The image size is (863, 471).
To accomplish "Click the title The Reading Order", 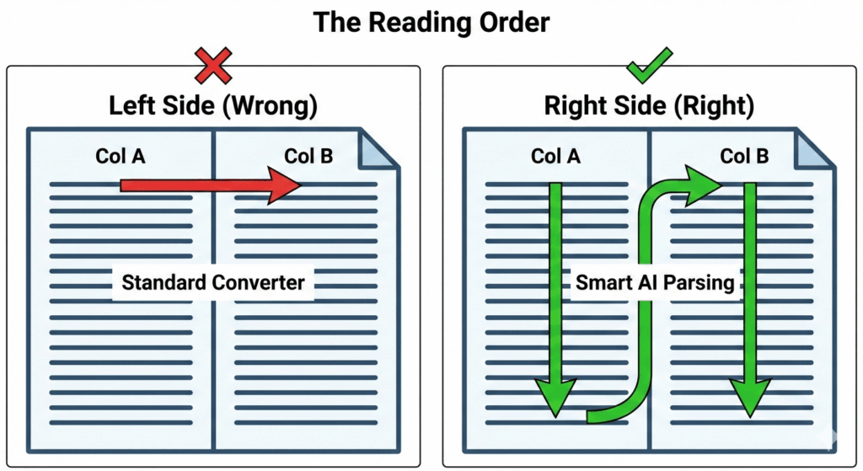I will pos(431,22).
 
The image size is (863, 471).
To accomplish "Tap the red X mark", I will pos(212,66).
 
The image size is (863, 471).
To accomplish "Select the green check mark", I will pos(649,64).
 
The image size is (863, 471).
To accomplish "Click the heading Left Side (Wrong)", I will pos(212,106).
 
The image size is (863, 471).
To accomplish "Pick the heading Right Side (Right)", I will pos(648,106).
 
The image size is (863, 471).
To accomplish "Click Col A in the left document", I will pos(121,156).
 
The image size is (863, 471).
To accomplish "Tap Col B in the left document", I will pos(308,156).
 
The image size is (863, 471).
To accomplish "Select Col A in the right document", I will pos(556,156).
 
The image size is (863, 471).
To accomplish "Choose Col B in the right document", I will pos(744,156).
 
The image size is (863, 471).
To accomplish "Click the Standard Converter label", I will pos(212,281).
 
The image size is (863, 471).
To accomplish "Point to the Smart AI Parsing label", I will pos(655,281).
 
